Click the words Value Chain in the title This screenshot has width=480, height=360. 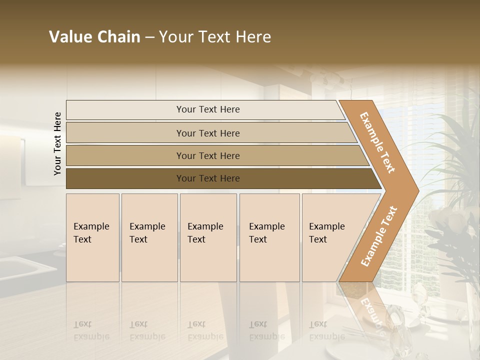(x=94, y=37)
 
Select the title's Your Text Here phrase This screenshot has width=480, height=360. (x=215, y=37)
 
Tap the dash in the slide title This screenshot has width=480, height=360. (x=149, y=37)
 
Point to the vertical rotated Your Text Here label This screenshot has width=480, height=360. (x=57, y=143)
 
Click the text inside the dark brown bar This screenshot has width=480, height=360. (x=208, y=178)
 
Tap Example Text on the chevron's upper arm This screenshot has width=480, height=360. (x=377, y=142)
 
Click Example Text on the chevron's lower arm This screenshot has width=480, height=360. (x=378, y=236)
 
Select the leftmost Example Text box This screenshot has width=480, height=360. (x=92, y=237)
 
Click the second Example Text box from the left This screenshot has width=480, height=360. (x=149, y=237)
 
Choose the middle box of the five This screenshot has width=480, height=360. (x=208, y=237)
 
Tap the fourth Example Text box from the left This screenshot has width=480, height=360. (x=269, y=237)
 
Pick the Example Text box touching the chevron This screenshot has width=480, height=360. (x=330, y=237)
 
